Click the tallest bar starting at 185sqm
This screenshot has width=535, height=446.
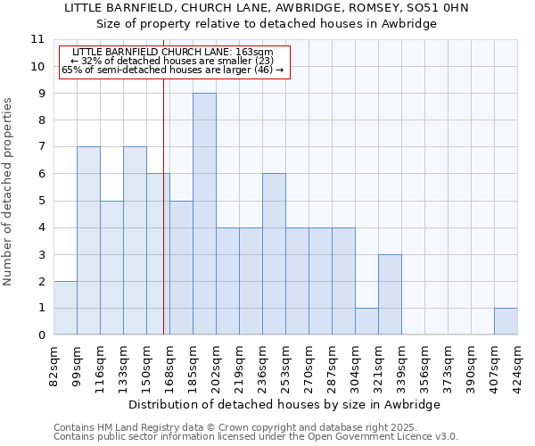tap(204, 214)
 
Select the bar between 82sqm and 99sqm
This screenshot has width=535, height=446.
tap(65, 308)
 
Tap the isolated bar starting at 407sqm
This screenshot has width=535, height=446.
tap(506, 321)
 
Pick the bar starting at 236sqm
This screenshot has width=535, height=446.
tap(274, 254)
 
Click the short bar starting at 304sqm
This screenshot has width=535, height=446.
tap(366, 321)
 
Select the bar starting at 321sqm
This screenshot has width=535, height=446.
tap(390, 294)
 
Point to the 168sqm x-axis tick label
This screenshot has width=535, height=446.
tap(169, 364)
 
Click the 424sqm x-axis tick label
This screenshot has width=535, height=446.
tap(517, 364)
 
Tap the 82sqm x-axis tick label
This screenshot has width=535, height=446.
tap(53, 364)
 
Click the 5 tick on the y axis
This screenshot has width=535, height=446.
tap(40, 201)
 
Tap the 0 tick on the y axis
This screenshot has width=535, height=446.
tap(40, 335)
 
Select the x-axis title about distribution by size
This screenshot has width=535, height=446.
tap(285, 404)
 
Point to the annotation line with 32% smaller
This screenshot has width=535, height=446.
tap(175, 61)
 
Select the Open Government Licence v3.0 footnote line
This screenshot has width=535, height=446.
tap(256, 436)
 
